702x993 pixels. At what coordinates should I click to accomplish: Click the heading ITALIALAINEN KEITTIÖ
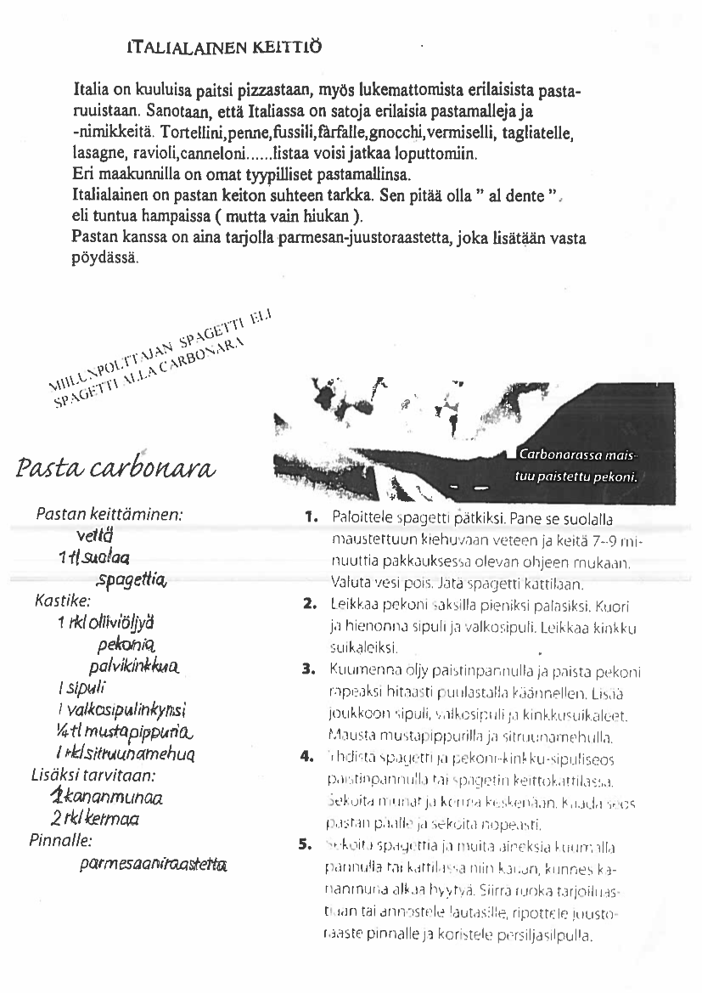pos(224,46)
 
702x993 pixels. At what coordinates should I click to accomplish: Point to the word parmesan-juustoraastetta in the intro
pos(422,239)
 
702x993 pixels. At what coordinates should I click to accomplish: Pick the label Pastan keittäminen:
pos(110,515)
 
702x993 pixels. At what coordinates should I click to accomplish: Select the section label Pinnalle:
pos(60,841)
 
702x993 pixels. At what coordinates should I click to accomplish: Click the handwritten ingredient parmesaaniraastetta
pos(153,864)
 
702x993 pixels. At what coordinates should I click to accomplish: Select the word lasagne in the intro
pos(98,155)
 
